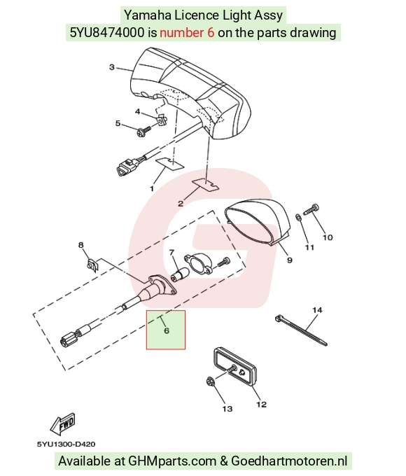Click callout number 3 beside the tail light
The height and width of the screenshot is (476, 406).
point(112,67)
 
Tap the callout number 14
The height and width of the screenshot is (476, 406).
point(317,310)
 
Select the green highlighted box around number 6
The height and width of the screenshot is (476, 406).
point(166,330)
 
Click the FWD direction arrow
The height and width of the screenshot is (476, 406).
point(62,423)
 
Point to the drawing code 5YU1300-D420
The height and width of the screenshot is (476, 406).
point(66,444)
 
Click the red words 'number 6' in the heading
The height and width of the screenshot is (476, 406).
point(187,32)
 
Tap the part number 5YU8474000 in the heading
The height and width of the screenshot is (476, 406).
point(107,32)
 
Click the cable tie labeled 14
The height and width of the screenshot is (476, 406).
point(300,331)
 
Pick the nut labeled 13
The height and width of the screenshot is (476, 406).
point(210,381)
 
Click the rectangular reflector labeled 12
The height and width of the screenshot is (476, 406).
point(235,367)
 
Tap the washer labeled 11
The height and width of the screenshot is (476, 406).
point(298,218)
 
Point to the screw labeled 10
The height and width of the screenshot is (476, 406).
point(311,209)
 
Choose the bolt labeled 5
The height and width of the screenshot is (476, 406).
point(144,132)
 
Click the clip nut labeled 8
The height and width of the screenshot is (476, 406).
point(92,265)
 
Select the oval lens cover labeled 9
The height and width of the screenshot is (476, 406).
point(258,221)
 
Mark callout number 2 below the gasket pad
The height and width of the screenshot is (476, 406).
point(181,204)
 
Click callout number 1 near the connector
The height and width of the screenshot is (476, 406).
point(152,188)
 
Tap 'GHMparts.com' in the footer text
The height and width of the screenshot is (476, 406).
point(172,461)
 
